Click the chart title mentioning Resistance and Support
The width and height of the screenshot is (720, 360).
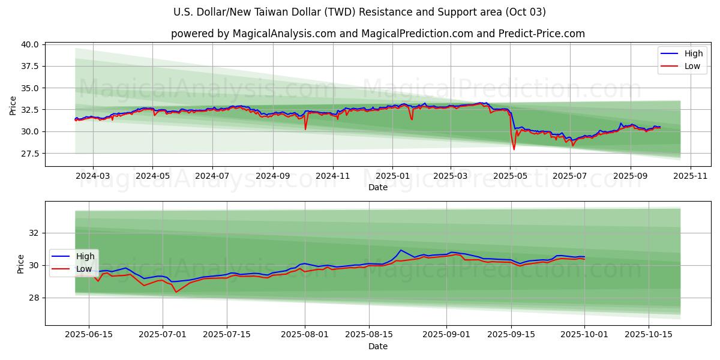(359, 12)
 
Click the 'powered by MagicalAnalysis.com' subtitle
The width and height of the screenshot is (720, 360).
(377, 34)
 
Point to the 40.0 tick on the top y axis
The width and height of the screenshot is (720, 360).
(31, 44)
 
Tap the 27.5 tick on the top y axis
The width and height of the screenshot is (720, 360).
(31, 154)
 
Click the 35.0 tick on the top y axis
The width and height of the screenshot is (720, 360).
(31, 88)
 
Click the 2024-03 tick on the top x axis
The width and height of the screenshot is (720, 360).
(93, 176)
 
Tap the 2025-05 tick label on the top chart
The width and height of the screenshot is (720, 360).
(510, 176)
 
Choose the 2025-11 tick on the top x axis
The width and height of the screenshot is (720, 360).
(691, 176)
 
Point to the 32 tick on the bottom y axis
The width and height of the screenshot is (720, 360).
(34, 233)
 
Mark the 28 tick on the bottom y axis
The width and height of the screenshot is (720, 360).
(34, 298)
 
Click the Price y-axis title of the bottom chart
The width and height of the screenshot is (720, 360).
(21, 264)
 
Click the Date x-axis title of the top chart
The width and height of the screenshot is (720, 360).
(378, 187)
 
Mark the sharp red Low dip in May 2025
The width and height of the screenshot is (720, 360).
(514, 149)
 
